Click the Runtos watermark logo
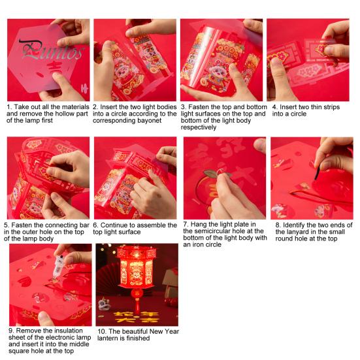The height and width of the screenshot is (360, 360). coord(51,51)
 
